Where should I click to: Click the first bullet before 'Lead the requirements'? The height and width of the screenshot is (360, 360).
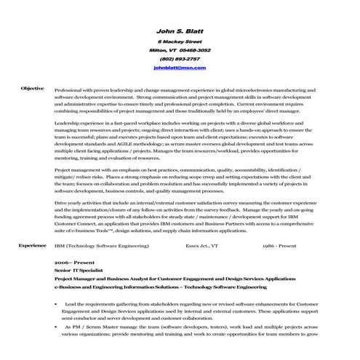point(56,303)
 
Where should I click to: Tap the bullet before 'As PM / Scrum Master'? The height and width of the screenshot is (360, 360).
point(56,327)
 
